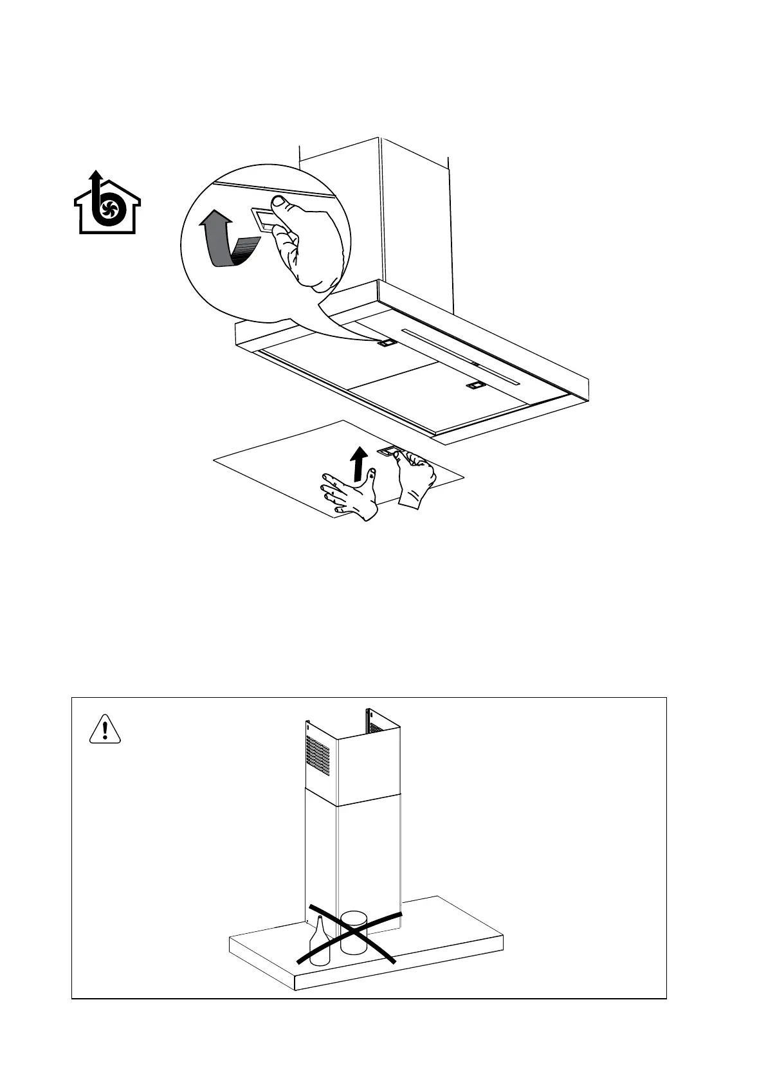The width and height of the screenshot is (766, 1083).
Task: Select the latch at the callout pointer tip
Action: [x=387, y=343]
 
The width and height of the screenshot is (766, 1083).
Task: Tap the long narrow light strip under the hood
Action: [x=460, y=356]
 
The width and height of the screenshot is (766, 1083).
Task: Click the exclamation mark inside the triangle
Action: [x=105, y=732]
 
